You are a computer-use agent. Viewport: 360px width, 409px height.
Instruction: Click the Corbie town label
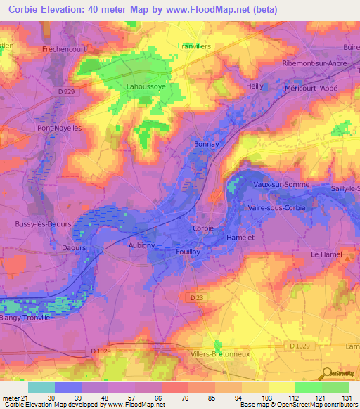202,228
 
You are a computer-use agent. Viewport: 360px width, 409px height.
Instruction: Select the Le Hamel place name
326,254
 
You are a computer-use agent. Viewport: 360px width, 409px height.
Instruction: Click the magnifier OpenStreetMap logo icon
326,375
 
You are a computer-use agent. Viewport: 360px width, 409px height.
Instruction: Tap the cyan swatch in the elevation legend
41,387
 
